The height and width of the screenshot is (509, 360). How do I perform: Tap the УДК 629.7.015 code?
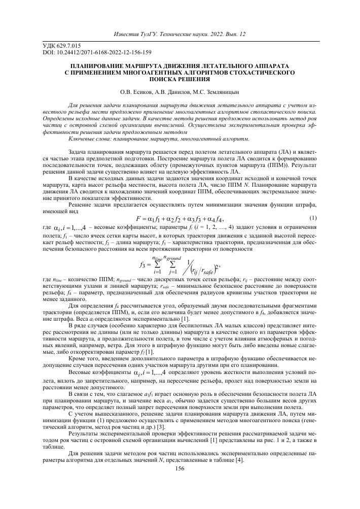point(59,46)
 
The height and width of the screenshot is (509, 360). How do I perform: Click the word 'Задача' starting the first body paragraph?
point(79,152)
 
